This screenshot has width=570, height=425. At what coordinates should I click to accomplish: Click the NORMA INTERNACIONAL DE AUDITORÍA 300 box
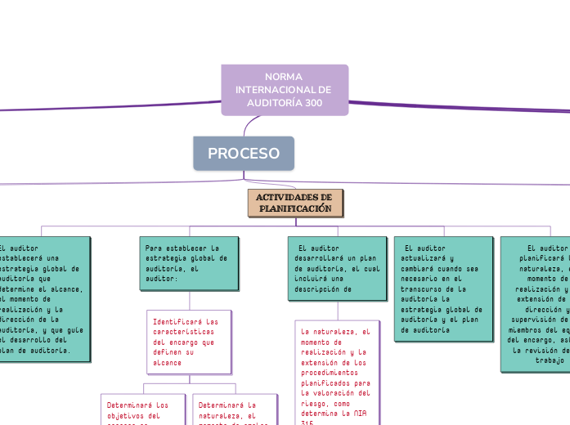(284, 89)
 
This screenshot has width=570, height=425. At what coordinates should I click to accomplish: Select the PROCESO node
(244, 154)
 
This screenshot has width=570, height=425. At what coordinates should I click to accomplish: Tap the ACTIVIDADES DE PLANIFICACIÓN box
(295, 204)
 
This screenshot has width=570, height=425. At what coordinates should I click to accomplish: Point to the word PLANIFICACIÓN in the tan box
(296, 209)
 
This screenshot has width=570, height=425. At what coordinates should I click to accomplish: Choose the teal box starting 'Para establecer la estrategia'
(189, 263)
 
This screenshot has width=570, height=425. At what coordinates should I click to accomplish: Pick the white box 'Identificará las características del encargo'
(189, 341)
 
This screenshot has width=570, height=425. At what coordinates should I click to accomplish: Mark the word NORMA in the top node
(284, 76)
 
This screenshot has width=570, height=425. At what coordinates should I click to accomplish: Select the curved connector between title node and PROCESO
(249, 123)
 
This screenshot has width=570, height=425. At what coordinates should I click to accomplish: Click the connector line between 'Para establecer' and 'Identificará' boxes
(189, 300)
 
